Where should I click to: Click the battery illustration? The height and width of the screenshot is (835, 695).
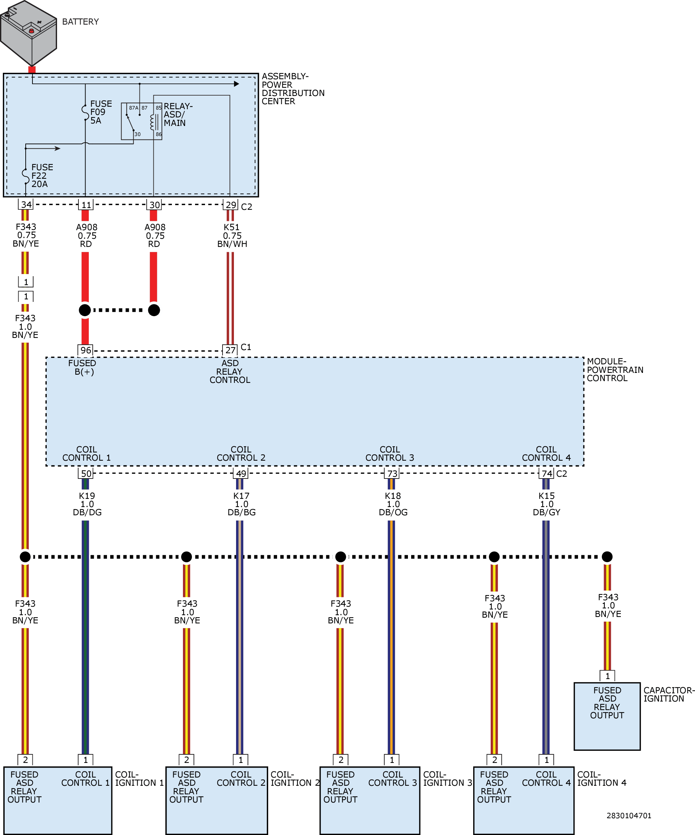[29, 32]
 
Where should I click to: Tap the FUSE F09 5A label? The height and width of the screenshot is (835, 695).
[101, 112]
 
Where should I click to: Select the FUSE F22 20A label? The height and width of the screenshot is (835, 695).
[42, 175]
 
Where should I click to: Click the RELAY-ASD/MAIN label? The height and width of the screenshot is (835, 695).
[178, 115]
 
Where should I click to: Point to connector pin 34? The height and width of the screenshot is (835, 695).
[26, 204]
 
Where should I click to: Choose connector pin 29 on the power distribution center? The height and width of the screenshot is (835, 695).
[231, 205]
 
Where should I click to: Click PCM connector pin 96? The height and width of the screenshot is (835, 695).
[86, 350]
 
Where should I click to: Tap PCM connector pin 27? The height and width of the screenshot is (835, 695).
[230, 350]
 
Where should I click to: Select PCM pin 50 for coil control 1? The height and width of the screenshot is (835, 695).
[86, 473]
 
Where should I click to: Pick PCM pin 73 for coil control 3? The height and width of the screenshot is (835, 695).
[392, 473]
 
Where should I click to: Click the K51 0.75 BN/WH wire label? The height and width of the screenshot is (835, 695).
[232, 236]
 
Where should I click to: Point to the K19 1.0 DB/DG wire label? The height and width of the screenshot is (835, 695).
[87, 504]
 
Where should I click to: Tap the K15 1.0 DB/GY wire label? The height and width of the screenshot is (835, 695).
[546, 504]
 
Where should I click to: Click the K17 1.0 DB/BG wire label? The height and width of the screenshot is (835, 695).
[241, 504]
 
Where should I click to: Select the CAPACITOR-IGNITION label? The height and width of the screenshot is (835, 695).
[669, 694]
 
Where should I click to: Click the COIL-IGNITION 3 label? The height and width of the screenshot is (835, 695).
[447, 779]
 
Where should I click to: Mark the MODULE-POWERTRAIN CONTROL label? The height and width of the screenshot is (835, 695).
[615, 369]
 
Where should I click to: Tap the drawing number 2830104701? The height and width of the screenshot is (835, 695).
[629, 815]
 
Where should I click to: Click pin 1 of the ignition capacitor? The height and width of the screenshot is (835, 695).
[607, 676]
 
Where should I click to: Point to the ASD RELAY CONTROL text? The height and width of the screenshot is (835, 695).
[230, 371]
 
